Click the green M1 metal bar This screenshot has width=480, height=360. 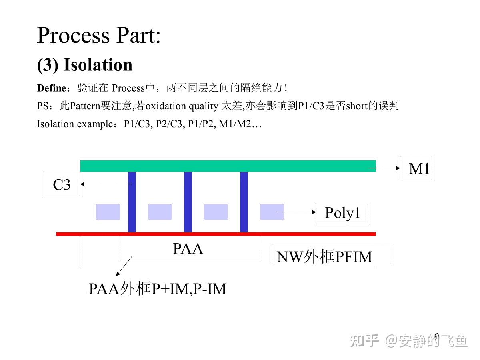[x=228, y=166]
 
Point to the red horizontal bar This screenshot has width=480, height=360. [x=216, y=234]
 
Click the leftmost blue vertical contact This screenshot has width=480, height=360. [x=132, y=202]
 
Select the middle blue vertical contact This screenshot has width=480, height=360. [x=188, y=202]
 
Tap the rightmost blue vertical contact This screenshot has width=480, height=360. [x=244, y=202]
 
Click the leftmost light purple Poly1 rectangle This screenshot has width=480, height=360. [x=108, y=212]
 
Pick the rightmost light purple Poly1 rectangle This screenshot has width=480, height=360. [x=272, y=212]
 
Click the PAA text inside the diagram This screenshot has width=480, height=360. [x=188, y=249]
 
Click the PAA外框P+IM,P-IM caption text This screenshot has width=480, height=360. [x=158, y=289]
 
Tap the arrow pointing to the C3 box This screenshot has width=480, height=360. [x=106, y=184]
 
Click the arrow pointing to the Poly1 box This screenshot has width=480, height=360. [x=296, y=212]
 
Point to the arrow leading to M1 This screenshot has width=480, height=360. [x=384, y=168]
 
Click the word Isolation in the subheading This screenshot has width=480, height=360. [x=98, y=65]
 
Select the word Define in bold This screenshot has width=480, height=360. [x=52, y=88]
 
